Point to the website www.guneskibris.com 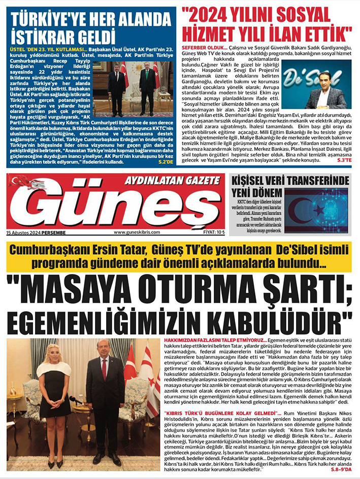[x=137, y=232]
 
